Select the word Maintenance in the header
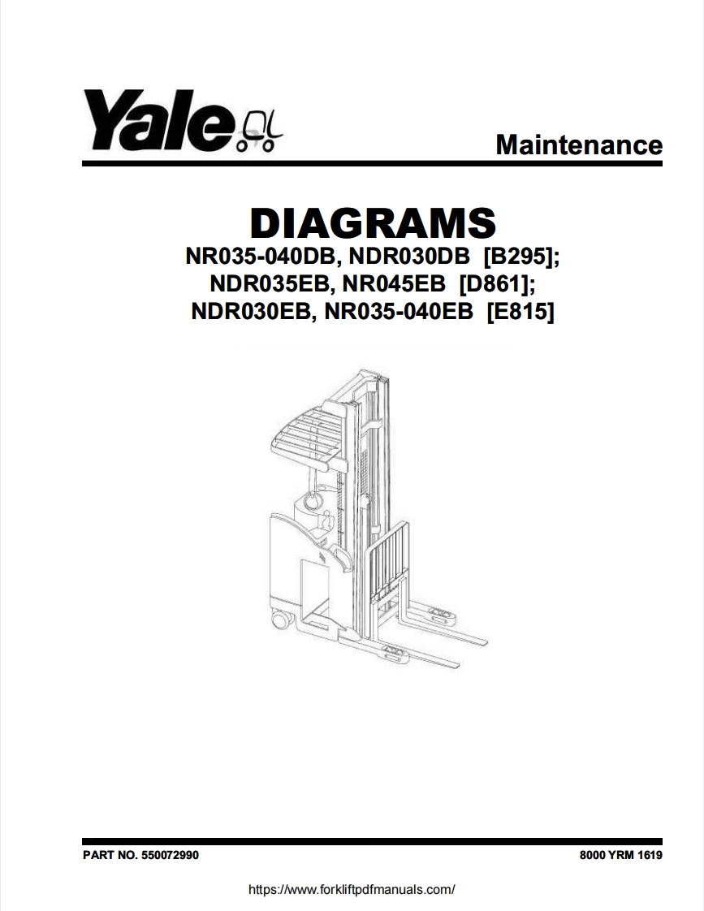pos(578,145)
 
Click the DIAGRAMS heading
pos(373,222)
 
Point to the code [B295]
pos(521,257)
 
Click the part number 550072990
pos(170,856)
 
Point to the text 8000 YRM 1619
pos(621,856)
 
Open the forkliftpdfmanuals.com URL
pos(352,889)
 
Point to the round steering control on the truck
pos(311,501)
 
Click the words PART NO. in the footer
pos(110,856)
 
